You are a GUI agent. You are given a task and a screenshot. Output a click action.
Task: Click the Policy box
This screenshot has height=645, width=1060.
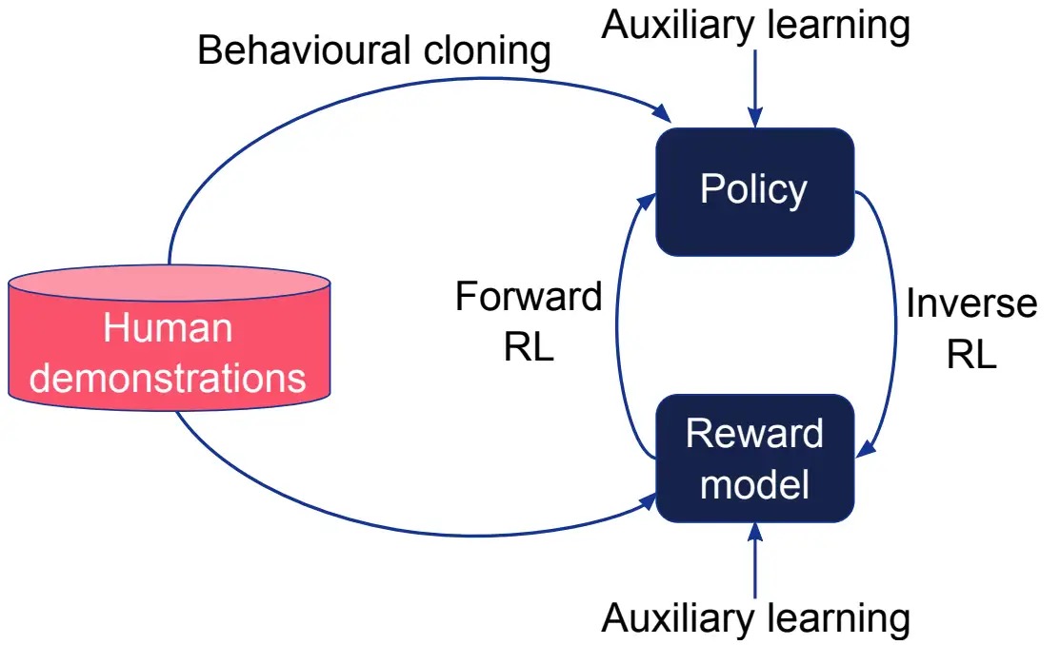(753, 191)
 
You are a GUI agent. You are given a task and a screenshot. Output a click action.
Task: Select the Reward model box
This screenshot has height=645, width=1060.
(753, 458)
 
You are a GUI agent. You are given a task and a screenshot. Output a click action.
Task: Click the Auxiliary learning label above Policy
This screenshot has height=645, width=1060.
(755, 26)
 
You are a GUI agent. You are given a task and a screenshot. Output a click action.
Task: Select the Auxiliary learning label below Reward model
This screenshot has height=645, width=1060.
(755, 619)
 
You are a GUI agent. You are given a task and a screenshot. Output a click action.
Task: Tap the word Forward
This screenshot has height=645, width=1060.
(529, 297)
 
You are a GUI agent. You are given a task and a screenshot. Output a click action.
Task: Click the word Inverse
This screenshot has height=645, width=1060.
(970, 303)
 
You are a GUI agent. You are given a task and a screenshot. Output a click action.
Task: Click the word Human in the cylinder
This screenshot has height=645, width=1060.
(168, 328)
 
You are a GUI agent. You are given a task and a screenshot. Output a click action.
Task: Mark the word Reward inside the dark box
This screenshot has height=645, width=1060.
(754, 434)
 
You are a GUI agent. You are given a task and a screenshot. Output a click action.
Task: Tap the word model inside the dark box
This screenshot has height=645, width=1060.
(754, 484)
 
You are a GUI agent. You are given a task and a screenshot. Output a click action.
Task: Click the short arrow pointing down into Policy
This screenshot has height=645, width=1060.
(754, 89)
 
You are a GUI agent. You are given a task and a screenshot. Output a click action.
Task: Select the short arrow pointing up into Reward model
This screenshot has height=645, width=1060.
(754, 561)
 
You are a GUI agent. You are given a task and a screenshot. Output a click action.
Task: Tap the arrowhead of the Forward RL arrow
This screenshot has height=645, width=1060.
(650, 197)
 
